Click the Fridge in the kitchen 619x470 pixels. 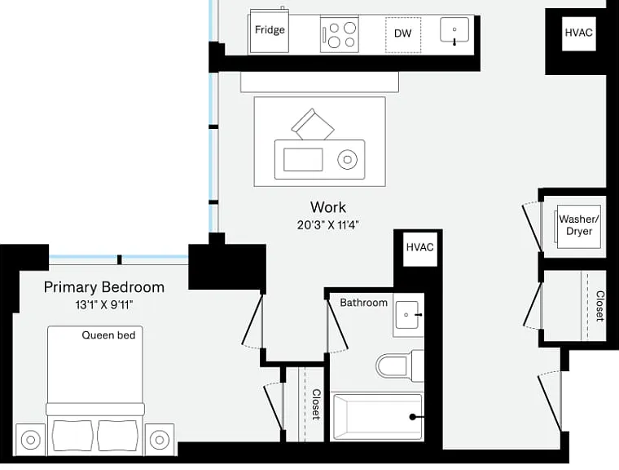[270, 32]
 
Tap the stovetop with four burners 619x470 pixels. [340, 34]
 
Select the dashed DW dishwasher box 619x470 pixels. [403, 35]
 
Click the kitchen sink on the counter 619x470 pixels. [454, 30]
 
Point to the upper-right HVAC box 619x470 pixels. [579, 33]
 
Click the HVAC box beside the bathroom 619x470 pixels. [420, 248]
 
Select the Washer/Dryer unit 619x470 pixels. [579, 226]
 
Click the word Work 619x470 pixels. [328, 207]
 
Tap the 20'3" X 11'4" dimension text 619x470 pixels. [328, 225]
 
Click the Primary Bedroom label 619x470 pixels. [104, 287]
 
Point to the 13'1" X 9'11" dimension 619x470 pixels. [104, 305]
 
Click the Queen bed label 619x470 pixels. [108, 335]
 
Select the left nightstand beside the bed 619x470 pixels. [30, 440]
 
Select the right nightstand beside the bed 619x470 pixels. [160, 440]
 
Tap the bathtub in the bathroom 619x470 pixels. [377, 417]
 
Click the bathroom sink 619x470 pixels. [408, 315]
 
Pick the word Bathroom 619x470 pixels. [363, 303]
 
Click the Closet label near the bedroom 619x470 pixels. [317, 405]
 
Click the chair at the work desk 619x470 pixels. [313, 124]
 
